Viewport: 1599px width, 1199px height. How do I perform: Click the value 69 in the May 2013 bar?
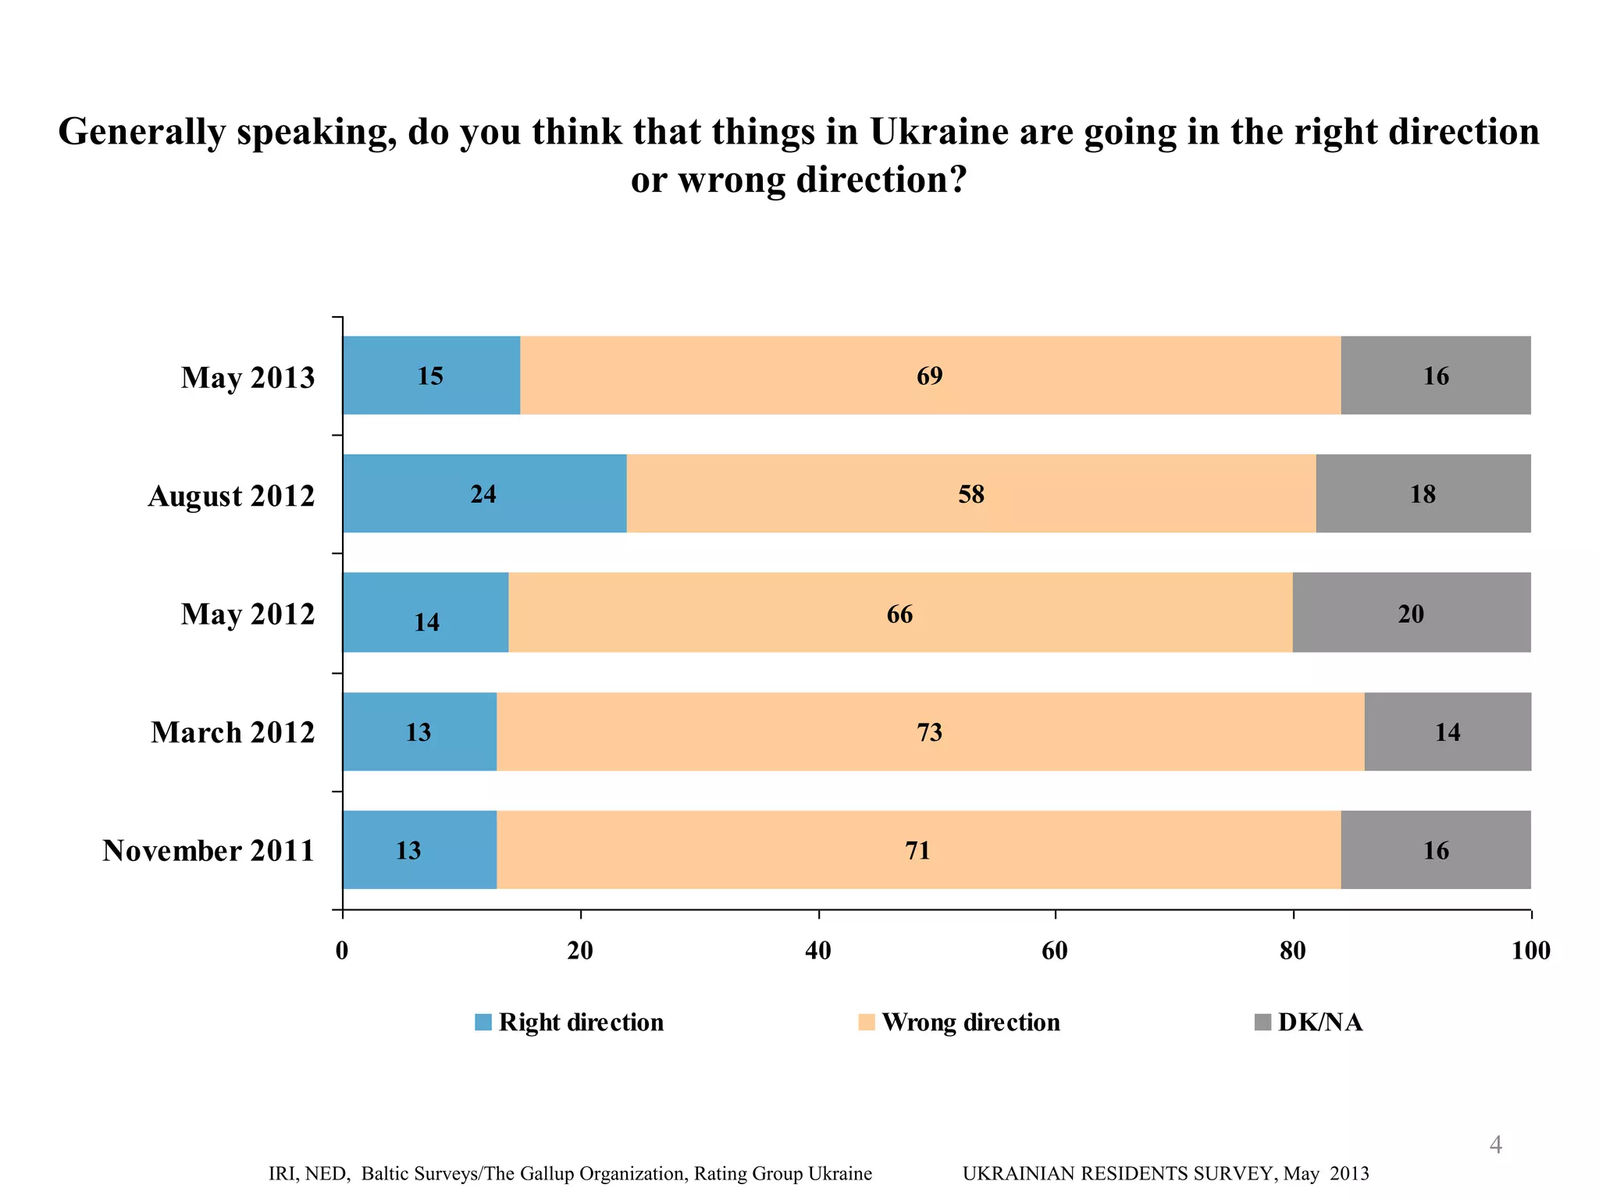929,376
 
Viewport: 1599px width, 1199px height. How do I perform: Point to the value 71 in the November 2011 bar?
917,850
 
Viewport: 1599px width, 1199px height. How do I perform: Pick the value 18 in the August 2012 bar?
1423,494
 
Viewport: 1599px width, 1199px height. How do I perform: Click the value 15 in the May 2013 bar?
429,376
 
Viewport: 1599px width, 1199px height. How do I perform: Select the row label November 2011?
208,850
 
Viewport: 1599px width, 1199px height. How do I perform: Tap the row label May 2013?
248,377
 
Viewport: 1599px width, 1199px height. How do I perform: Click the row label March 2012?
233,732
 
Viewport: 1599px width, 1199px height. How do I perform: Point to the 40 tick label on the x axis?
817,950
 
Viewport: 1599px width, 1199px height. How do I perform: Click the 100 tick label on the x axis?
1530,950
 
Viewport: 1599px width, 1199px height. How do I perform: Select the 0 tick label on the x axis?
342,950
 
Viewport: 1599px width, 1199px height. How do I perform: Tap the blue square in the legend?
483,1022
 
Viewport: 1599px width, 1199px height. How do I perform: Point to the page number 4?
1495,1145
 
